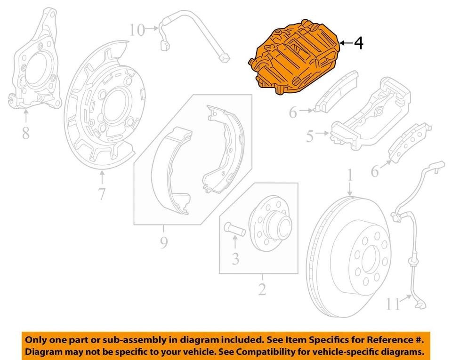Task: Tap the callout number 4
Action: coord(358,43)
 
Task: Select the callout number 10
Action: coord(137,31)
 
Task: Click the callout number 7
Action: coord(102,193)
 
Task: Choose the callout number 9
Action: coord(163,243)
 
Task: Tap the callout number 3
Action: coord(235,258)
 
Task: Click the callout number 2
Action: coord(262,289)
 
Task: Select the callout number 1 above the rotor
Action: coord(350,176)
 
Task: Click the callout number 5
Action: coord(309,136)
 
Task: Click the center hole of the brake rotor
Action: coord(368,256)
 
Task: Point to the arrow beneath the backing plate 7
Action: coord(102,177)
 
